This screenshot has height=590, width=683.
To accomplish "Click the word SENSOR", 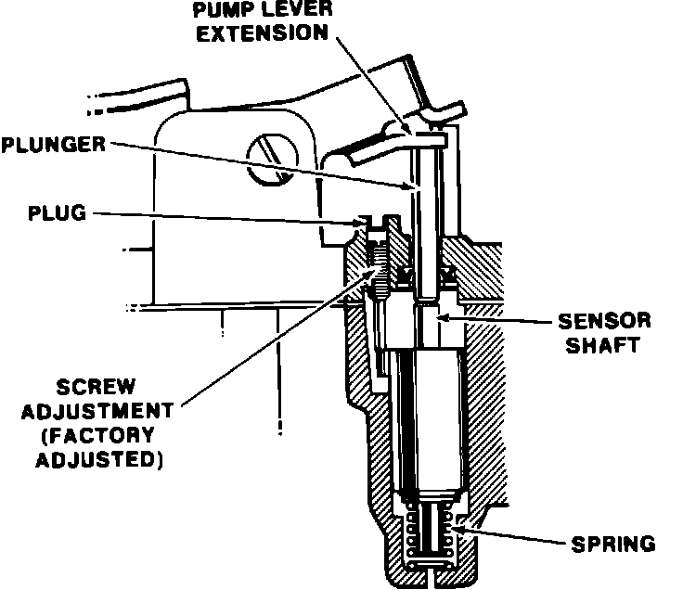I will (x=603, y=321).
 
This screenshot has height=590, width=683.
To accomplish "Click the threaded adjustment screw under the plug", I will (x=380, y=264).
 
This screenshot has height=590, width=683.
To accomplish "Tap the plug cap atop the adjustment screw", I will (x=378, y=223).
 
